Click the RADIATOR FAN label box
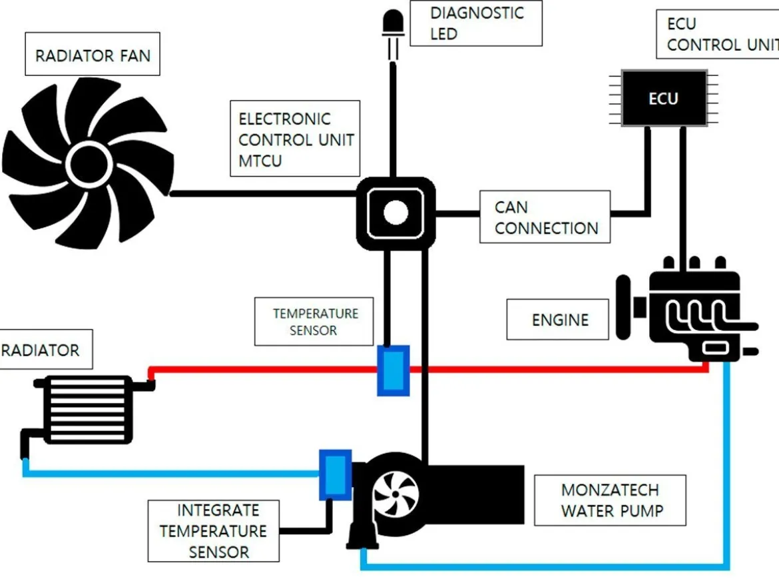pos(93,54)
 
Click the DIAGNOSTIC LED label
pos(476,23)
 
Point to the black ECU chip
pos(664,98)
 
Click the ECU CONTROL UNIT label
pos(718,34)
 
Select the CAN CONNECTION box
pos(545,217)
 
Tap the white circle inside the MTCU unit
pos(395,213)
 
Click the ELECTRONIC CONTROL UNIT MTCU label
pos(295,139)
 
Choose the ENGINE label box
pos(557,320)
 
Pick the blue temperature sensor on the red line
pos(393,370)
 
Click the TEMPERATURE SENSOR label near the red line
pos(314,322)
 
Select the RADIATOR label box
pos(46,349)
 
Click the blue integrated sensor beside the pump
pos(336,474)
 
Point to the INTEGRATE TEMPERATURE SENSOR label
pos(214,531)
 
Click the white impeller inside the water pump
pos(395,494)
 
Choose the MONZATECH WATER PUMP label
pos(610,500)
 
